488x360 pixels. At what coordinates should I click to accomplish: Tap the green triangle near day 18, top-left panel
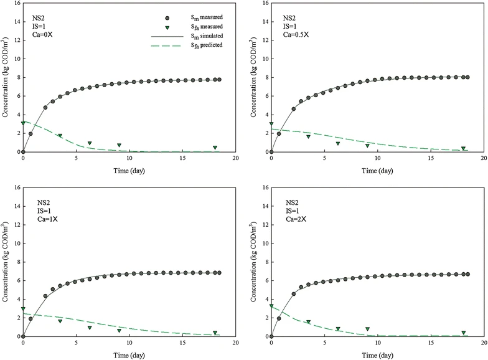(x=215, y=148)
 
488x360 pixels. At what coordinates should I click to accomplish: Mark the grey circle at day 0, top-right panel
(x=271, y=152)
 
